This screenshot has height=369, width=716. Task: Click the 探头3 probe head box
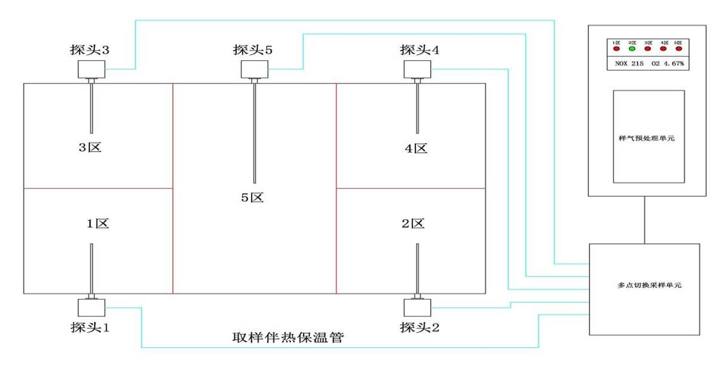91,70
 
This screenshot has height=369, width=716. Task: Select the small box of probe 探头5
255,70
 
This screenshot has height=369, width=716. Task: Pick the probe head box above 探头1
91,307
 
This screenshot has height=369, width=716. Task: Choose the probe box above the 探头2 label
417,308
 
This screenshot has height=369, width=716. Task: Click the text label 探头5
252,50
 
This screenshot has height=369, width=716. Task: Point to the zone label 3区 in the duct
91,147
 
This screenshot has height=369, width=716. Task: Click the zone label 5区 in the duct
252,197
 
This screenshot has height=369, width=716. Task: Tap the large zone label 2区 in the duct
413,224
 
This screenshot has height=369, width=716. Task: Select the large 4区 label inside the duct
416,148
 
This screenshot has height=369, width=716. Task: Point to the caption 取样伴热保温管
290,337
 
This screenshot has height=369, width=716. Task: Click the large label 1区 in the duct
97,224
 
